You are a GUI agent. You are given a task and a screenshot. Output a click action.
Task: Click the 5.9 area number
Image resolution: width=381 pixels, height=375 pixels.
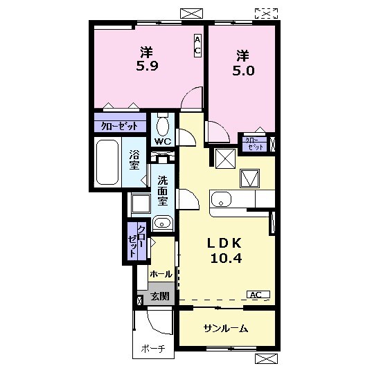(x=148, y=66)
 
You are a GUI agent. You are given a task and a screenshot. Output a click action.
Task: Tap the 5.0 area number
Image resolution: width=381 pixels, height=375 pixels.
(x=243, y=71)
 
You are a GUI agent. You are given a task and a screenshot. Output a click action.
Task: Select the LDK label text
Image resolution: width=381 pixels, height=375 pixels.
(x=224, y=243)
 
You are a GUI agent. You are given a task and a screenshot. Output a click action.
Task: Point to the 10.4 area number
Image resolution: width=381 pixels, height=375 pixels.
(x=226, y=258)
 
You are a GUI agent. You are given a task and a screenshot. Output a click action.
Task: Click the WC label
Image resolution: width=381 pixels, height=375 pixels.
(x=163, y=142)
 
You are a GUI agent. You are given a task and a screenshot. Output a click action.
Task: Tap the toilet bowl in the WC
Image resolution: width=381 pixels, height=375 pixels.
(x=163, y=126)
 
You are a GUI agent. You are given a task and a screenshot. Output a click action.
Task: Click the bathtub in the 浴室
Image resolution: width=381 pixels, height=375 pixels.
(x=107, y=162)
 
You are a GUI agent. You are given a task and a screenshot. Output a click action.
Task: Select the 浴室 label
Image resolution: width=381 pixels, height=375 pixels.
(x=134, y=160)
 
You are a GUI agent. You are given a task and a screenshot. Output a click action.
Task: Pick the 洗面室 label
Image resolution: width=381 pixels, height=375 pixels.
(x=163, y=190)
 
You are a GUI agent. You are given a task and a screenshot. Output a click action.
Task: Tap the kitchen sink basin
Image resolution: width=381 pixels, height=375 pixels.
(x=221, y=199)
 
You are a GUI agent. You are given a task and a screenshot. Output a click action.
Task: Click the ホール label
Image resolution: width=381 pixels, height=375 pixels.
(x=161, y=274)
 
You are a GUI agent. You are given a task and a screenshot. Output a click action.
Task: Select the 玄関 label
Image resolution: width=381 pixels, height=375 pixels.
(x=159, y=296)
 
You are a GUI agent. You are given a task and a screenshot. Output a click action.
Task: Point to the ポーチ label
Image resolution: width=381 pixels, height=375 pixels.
(x=153, y=349)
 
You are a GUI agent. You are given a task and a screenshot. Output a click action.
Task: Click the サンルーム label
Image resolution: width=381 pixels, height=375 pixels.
(x=226, y=329)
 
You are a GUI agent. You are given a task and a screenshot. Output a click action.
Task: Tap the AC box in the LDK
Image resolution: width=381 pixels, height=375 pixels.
(x=258, y=295)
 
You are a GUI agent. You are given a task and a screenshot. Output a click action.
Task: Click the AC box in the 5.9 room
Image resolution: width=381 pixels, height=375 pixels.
(x=197, y=46)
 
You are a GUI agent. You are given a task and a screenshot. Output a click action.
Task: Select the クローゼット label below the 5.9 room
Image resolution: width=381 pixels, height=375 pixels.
(x=119, y=126)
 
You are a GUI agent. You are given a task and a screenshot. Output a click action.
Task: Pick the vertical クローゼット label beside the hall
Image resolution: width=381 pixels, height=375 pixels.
(x=137, y=241)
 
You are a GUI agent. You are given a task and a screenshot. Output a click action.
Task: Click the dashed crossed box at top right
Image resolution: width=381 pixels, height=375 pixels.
(x=266, y=13)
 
